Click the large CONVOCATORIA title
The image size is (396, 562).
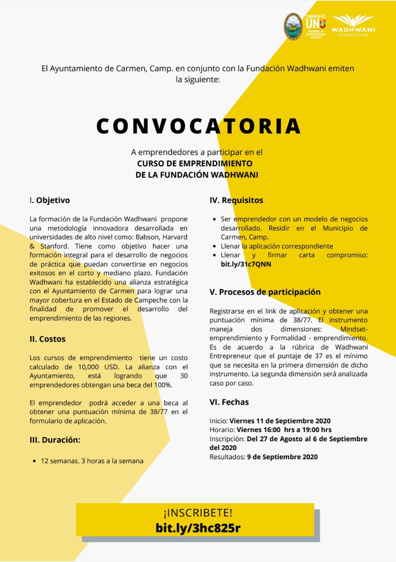click(198, 126)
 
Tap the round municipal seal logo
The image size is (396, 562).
click(293, 26)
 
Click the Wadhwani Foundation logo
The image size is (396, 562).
click(353, 26)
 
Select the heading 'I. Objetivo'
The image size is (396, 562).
click(50, 200)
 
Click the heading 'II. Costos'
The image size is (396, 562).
click(47, 339)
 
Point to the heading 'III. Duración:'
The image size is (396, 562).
click(55, 440)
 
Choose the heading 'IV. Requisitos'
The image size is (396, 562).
click(236, 200)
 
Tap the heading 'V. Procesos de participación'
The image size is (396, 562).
click(265, 292)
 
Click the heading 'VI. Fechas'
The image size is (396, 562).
click(229, 402)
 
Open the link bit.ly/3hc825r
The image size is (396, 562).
click(198, 528)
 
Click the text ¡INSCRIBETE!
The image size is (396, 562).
click(198, 513)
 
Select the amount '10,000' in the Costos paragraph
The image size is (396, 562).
click(79, 367)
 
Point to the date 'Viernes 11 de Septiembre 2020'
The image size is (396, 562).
click(280, 421)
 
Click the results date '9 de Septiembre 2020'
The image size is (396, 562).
click(282, 457)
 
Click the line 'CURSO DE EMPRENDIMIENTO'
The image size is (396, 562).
click(195, 163)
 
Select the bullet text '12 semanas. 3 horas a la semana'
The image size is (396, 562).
click(92, 461)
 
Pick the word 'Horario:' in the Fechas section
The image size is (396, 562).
click(222, 430)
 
